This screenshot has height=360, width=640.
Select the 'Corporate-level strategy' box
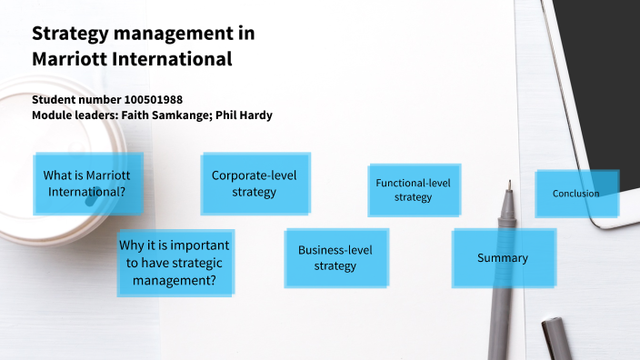(x=254, y=184)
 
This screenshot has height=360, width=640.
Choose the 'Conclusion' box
(x=575, y=193)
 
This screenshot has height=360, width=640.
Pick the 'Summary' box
(x=503, y=258)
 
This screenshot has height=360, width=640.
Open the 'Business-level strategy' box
(x=335, y=257)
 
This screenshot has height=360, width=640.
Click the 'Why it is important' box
(x=174, y=263)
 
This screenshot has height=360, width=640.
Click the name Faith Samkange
(x=177, y=115)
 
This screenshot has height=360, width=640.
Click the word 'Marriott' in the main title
(x=69, y=60)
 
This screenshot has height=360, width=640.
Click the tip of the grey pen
(x=509, y=184)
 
